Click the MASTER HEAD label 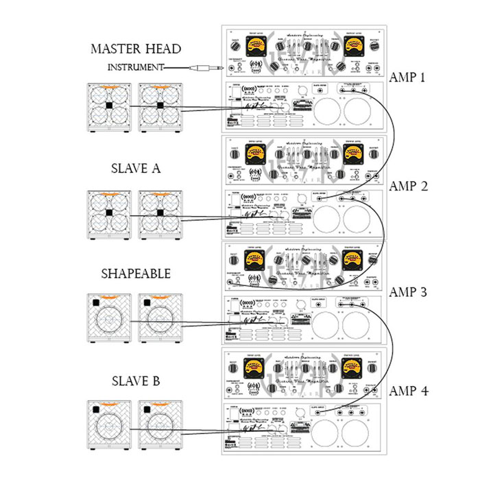[x=136, y=49]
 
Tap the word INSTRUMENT [x=136, y=67]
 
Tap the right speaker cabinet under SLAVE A [x=159, y=215]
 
